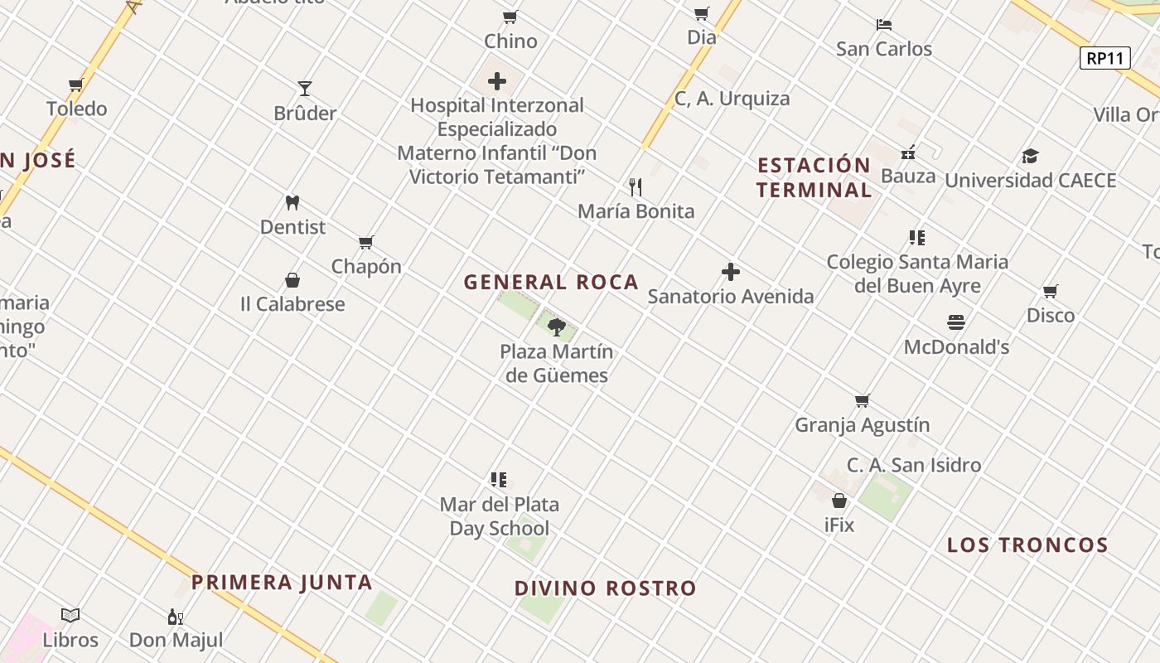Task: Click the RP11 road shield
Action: point(1105,58)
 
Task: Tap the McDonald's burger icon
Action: point(956,322)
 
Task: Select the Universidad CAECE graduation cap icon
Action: point(1030,156)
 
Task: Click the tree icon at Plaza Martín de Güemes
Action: point(557,327)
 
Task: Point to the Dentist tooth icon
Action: point(292,202)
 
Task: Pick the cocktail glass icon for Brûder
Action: point(305,89)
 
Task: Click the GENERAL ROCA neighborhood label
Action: point(551,283)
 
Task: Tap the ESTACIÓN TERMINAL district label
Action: point(814,177)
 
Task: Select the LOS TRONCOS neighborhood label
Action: point(1027,545)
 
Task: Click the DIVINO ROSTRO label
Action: point(606,588)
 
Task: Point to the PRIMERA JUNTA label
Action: point(282,583)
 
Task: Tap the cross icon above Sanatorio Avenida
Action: point(730,272)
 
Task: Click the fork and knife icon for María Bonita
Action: point(636,187)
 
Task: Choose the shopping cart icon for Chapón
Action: point(366,242)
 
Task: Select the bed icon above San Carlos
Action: point(884,25)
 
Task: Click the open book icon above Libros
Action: point(70,616)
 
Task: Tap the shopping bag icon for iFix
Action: point(839,501)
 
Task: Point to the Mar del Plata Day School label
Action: point(499,516)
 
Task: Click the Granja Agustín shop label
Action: point(862,425)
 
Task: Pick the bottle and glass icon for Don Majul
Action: point(176,617)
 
